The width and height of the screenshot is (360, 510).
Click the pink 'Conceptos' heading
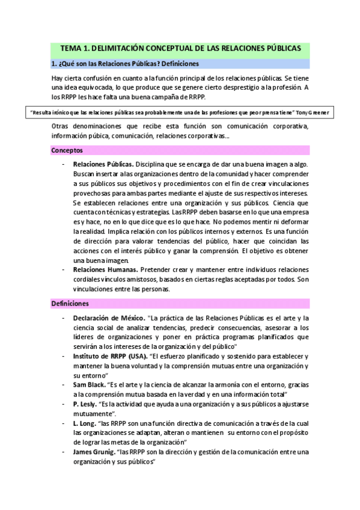click(x=67, y=150)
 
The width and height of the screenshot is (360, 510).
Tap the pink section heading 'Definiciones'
click(x=70, y=304)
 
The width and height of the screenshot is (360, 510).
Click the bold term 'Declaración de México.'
click(x=108, y=318)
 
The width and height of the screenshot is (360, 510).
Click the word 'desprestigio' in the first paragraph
click(x=222, y=88)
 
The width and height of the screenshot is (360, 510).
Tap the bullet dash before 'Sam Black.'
click(x=63, y=385)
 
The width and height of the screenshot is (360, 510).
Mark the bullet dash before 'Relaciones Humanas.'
click(x=63, y=270)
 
